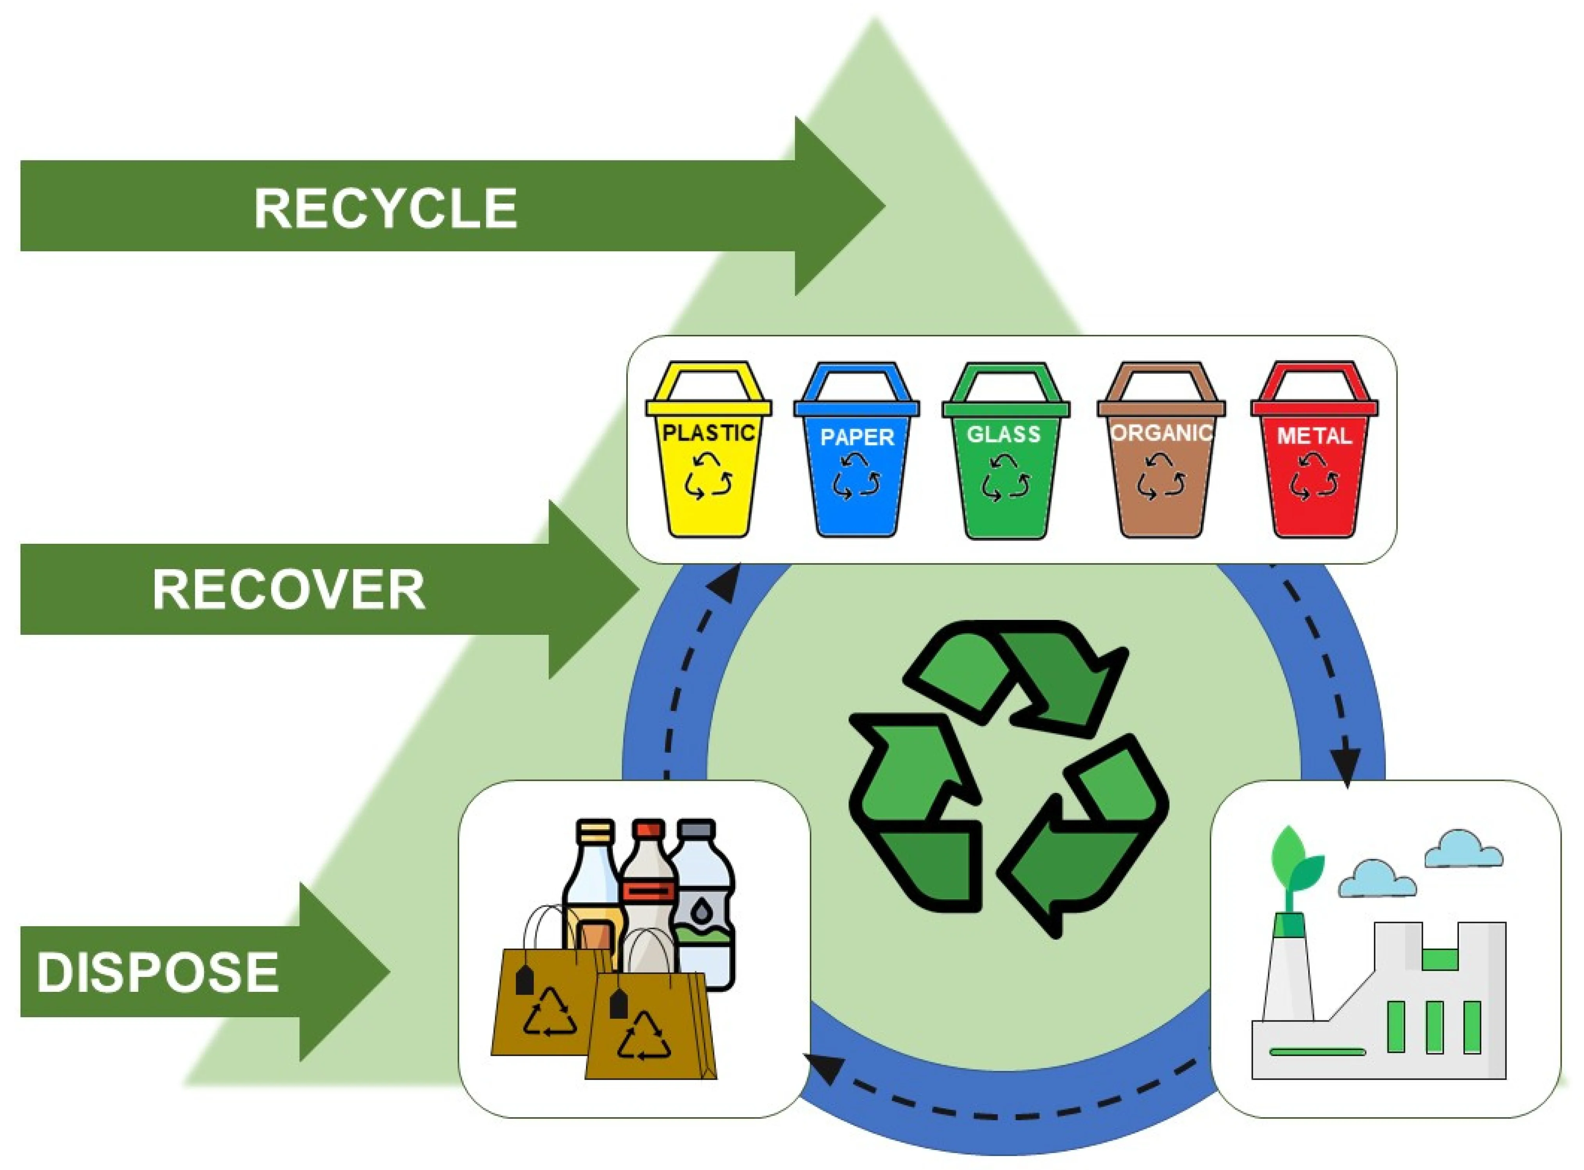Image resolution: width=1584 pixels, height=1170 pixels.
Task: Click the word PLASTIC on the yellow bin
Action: [708, 432]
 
